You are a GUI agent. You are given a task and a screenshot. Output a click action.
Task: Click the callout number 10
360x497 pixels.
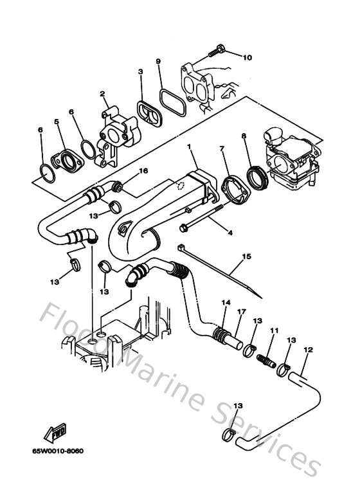pyautogui.click(x=248, y=57)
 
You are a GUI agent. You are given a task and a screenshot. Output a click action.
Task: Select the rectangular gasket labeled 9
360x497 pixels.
pyautogui.click(x=170, y=103)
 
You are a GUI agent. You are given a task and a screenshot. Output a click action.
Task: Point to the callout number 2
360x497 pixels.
pyautogui.click(x=102, y=95)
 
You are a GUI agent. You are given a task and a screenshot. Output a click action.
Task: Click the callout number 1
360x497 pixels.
pyautogui.click(x=190, y=147)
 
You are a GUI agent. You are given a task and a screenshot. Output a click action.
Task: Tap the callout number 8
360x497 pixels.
pyautogui.click(x=244, y=136)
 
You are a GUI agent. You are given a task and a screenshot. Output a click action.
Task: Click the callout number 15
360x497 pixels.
pyautogui.click(x=245, y=257)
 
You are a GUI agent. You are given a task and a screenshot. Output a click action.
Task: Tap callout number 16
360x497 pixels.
pyautogui.click(x=143, y=171)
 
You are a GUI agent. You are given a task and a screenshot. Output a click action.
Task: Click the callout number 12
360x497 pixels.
pyautogui.click(x=308, y=350)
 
